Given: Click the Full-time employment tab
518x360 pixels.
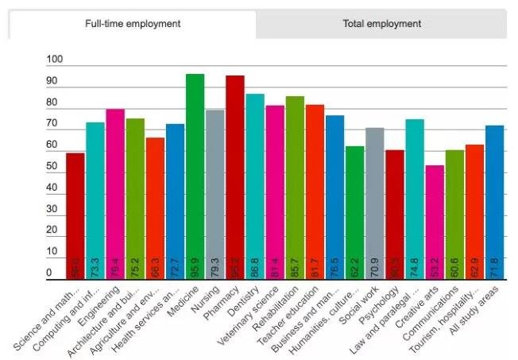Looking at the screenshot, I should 133,24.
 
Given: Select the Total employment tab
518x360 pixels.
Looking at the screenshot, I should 381,24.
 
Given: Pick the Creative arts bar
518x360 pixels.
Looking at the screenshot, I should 435,222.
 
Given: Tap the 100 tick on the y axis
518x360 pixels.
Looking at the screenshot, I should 55,60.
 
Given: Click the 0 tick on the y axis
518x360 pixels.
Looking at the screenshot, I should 49,273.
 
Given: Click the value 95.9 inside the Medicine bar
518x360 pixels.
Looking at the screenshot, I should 195,266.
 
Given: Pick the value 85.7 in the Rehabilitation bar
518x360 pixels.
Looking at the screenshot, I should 296,266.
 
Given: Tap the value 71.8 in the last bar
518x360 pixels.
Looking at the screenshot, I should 495,266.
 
